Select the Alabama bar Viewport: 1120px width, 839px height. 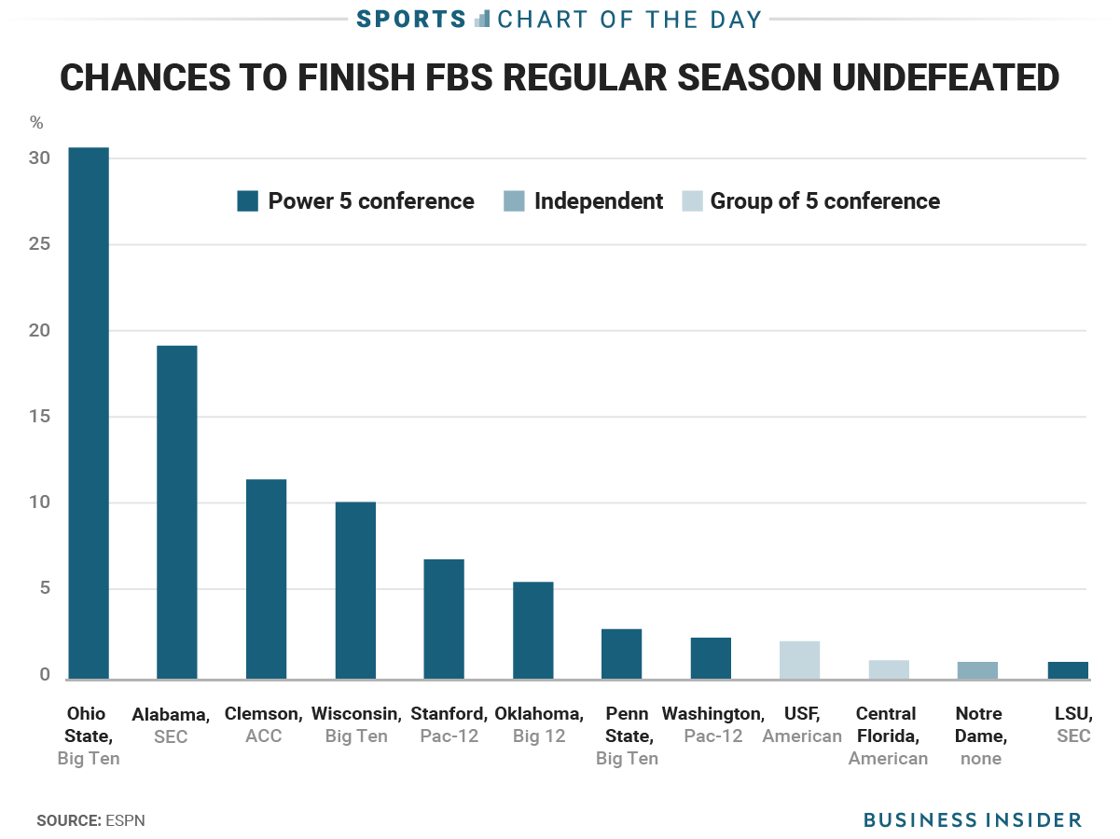click(176, 512)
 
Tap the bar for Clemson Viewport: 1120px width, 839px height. click(266, 579)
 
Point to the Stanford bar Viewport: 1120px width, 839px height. click(444, 619)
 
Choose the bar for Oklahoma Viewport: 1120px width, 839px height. click(533, 630)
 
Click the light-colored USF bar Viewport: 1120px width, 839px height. click(800, 660)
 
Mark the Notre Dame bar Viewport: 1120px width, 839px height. click(977, 670)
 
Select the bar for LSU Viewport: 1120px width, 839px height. click(1067, 670)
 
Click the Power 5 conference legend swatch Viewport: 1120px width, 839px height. click(247, 201)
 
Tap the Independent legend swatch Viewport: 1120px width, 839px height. click(513, 201)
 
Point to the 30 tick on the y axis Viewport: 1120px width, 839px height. click(38, 158)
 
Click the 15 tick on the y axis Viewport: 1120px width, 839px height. click(38, 417)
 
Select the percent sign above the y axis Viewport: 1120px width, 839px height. click(36, 122)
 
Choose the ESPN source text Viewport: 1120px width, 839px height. click(125, 821)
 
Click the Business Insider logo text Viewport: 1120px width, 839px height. click(973, 820)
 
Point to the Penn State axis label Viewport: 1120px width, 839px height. click(627, 736)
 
